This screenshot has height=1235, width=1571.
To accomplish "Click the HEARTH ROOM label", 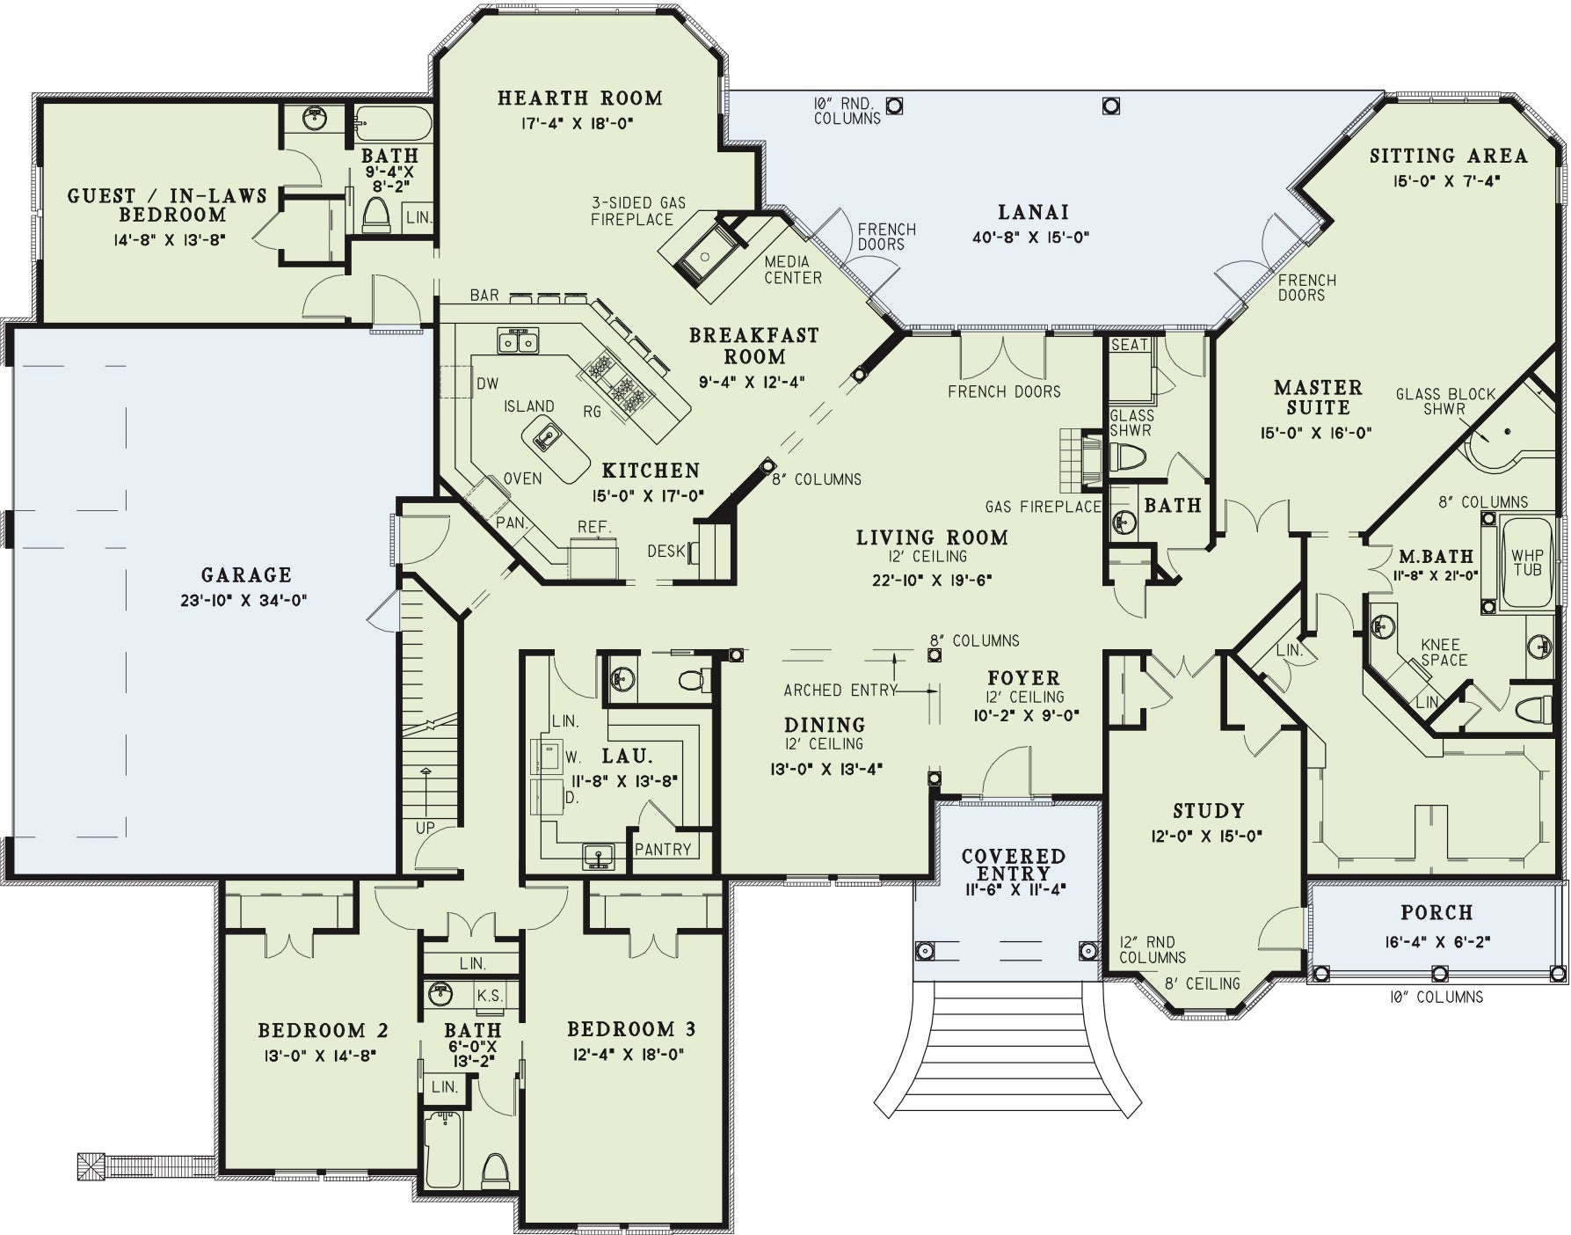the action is tap(580, 98).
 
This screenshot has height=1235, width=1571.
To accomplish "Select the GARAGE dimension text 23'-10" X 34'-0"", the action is tap(246, 601).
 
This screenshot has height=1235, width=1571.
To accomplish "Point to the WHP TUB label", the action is tap(1527, 563).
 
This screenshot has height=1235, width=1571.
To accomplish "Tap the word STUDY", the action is tap(1209, 811).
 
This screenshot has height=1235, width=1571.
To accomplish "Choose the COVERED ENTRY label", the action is tap(1014, 864).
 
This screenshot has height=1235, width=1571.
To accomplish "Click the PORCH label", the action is tap(1437, 913).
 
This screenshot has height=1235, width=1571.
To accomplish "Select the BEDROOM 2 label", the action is tap(324, 1030).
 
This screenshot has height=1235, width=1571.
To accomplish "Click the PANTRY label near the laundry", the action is tap(663, 849).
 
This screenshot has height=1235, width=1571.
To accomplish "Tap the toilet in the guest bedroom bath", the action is tap(375, 215).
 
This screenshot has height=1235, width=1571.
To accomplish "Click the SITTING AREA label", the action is tap(1449, 157).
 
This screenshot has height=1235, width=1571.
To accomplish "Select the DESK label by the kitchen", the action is tap(666, 552).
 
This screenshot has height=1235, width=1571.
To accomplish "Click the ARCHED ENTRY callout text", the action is tap(840, 691).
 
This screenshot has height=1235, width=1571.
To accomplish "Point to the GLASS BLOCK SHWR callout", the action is tap(1445, 401).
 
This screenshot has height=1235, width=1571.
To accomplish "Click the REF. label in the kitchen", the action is tap(594, 527).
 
